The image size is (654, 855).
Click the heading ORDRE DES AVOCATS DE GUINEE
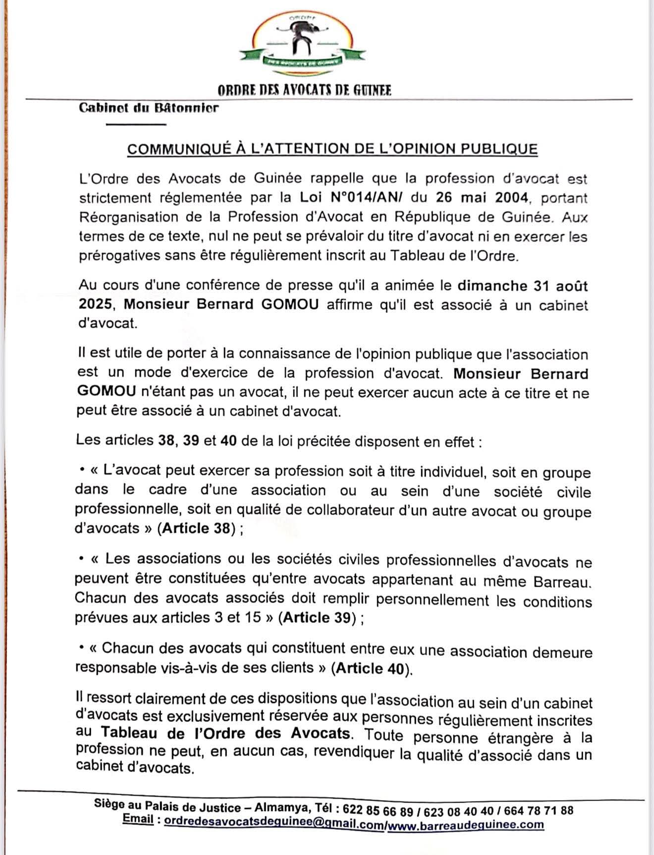304,90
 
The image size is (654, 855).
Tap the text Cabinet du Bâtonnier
149,107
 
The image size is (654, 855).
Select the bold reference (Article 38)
197,529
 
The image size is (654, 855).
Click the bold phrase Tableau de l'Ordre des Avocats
225,733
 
